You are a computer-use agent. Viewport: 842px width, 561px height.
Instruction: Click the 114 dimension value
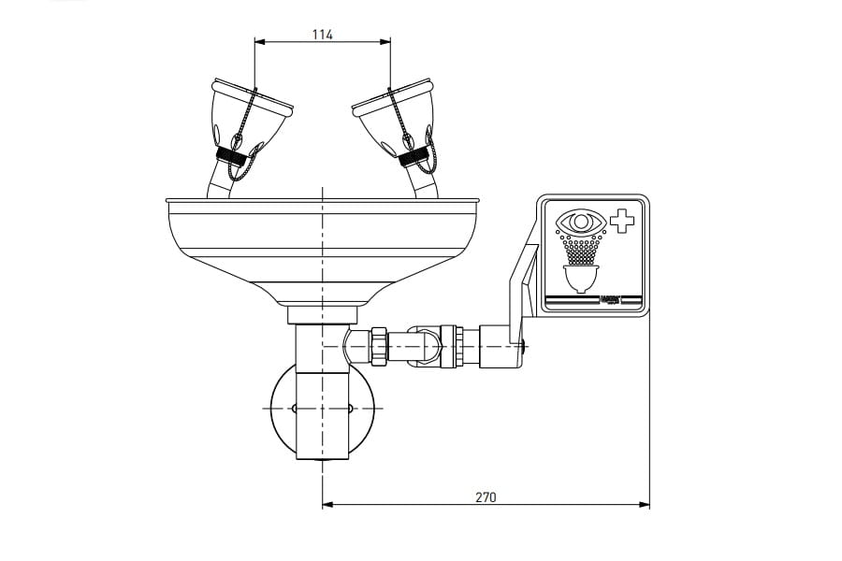point(323,35)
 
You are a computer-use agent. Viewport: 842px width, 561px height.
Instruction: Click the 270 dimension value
point(486,496)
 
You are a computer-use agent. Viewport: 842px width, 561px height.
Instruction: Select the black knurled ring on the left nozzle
point(229,158)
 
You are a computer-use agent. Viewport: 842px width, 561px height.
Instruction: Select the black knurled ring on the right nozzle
point(414,158)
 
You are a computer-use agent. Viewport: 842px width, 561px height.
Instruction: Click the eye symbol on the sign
point(578,223)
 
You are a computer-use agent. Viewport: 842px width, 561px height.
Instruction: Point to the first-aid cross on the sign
point(621,223)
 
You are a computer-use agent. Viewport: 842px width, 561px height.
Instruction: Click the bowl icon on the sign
point(580,279)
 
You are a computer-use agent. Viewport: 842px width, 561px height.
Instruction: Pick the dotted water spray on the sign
point(580,249)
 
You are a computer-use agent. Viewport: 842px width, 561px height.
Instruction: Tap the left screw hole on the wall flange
point(294,409)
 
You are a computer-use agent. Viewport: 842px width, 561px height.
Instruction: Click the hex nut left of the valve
point(379,345)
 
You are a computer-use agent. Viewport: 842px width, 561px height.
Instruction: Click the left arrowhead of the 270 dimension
point(327,505)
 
